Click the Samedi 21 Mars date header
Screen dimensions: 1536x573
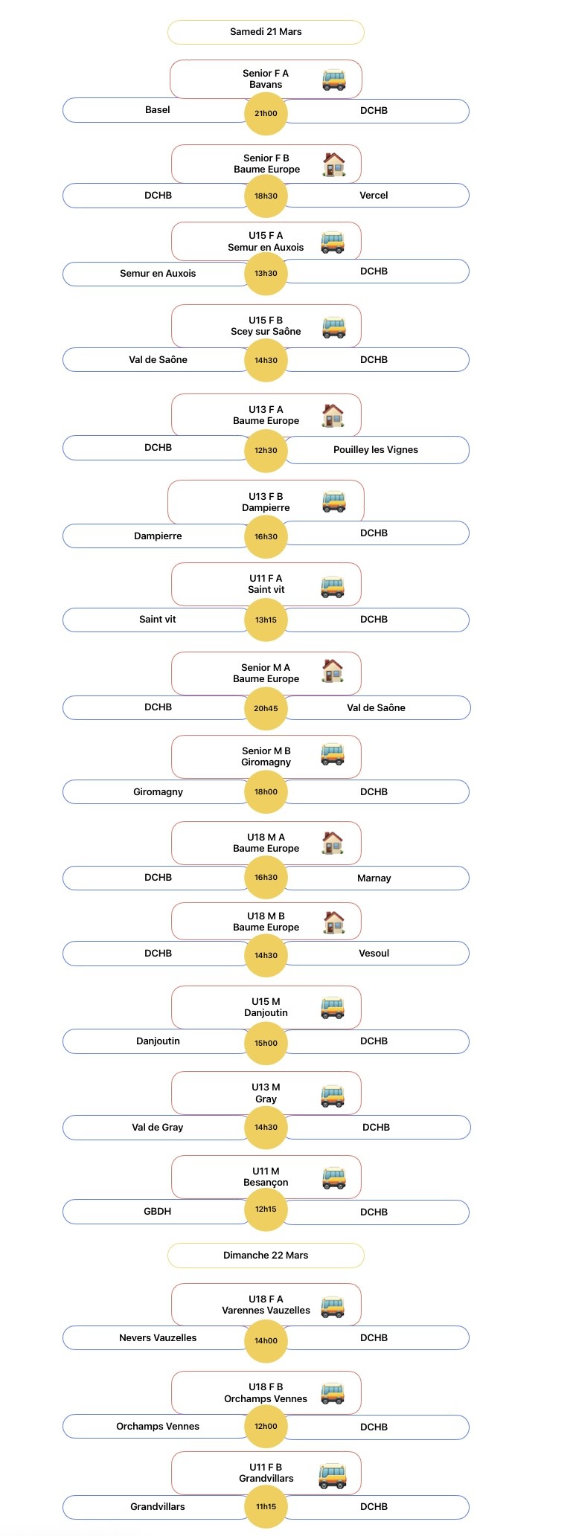click(266, 32)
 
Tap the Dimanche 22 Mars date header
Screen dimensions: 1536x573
click(266, 1255)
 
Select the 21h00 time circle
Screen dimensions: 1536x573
click(266, 114)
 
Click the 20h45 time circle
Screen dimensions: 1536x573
click(266, 708)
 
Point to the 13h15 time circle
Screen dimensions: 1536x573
click(266, 620)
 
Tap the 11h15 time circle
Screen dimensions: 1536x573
click(266, 1506)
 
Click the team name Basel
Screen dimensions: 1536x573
click(157, 110)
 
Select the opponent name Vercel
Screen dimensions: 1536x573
click(374, 196)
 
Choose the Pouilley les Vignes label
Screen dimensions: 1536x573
click(376, 450)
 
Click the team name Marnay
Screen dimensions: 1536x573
click(374, 878)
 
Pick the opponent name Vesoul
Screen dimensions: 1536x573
click(374, 954)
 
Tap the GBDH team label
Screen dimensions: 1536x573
click(157, 1212)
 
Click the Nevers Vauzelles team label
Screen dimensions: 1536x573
click(158, 1338)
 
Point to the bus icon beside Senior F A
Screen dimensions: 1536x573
click(334, 79)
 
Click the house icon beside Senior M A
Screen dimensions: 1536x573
click(333, 671)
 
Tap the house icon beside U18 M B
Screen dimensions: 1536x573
click(334, 922)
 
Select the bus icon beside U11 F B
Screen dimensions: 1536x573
click(333, 1474)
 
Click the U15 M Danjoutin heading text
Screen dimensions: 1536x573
click(266, 1007)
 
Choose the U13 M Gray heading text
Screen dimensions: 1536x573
click(266, 1093)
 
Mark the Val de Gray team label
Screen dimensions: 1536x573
click(157, 1128)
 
